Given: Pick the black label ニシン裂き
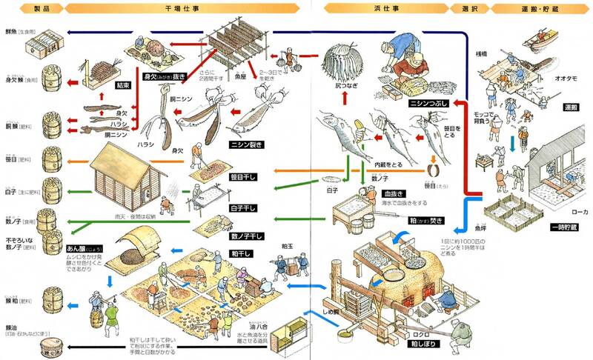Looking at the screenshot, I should coord(230,144).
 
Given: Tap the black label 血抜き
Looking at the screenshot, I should coord(371,194).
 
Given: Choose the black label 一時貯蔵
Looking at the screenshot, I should coord(563,226).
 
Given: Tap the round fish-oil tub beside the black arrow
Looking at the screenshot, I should coord(39,346).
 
